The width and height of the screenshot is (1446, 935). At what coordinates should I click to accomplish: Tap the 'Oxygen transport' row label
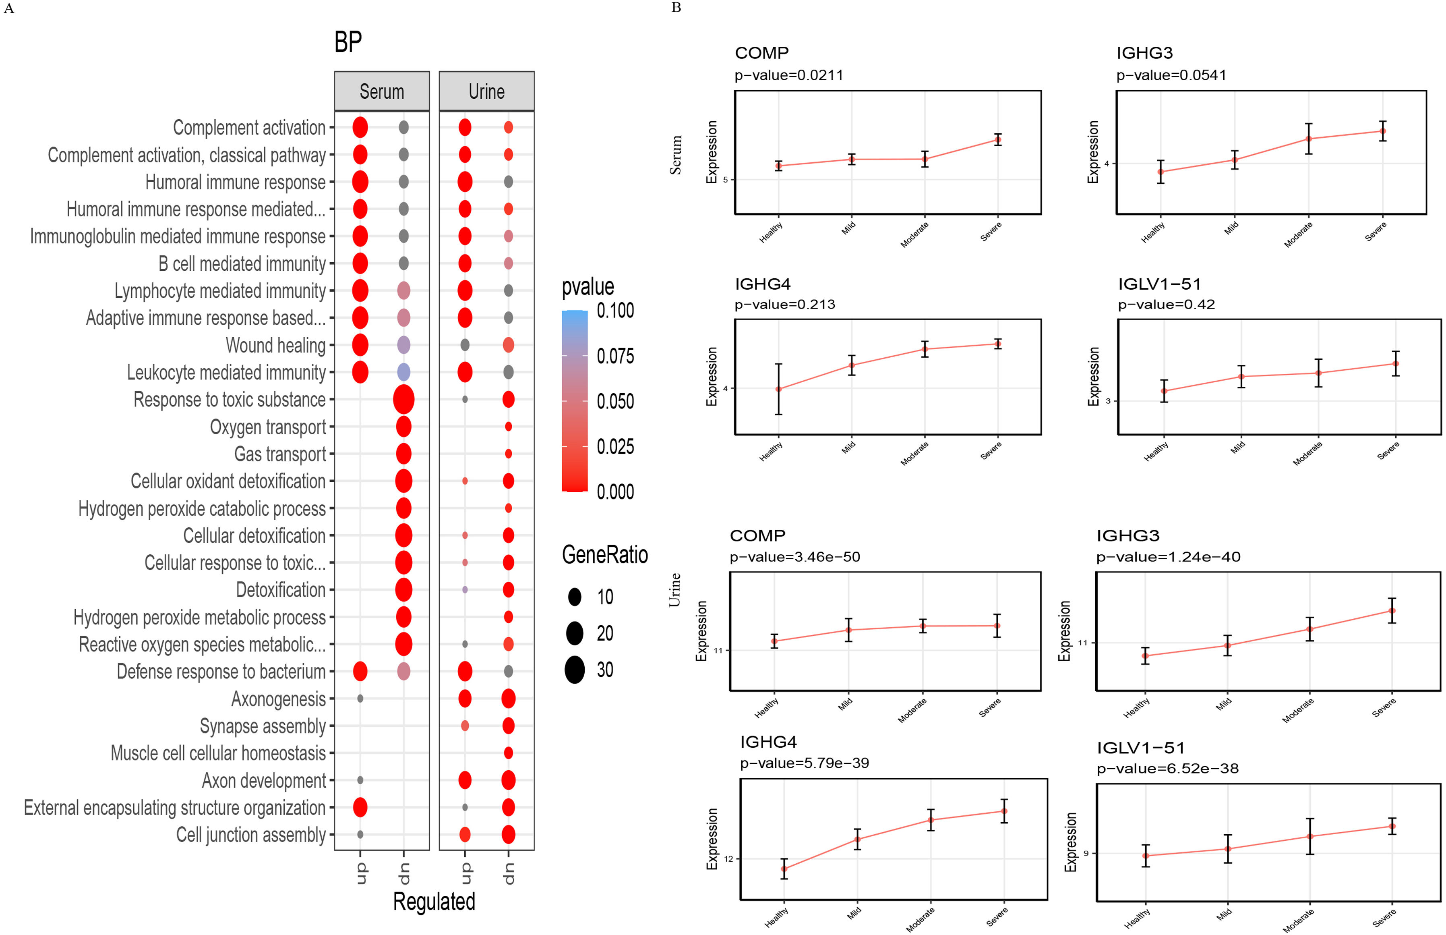click(x=268, y=427)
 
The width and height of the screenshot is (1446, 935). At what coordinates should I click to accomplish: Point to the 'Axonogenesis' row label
click(x=279, y=699)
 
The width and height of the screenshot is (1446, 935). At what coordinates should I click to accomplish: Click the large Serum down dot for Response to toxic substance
click(x=403, y=400)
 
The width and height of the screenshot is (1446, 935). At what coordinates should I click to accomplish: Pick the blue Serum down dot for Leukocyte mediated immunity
click(x=403, y=372)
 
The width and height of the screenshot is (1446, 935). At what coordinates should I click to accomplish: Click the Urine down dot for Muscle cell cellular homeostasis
click(x=509, y=753)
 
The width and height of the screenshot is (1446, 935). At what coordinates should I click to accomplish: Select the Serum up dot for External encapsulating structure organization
click(x=360, y=807)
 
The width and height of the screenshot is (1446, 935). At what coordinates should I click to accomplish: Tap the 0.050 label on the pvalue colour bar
click(x=615, y=401)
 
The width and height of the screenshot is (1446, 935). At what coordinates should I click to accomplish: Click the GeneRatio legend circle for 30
click(x=574, y=670)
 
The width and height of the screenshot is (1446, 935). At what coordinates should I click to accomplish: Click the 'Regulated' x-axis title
click(x=434, y=902)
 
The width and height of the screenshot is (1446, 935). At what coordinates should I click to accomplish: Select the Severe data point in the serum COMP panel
click(x=997, y=140)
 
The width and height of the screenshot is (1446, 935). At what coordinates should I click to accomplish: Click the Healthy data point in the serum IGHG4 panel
click(x=778, y=389)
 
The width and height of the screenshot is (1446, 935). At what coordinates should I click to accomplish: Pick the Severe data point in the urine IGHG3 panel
click(x=1392, y=611)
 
